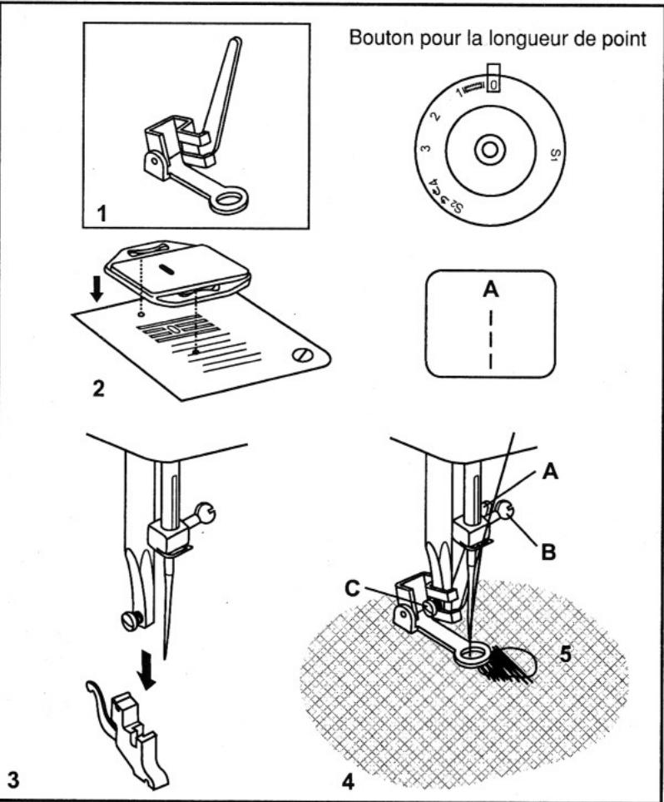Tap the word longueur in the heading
(513, 40)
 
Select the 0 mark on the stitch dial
(493, 84)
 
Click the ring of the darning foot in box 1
(228, 200)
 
